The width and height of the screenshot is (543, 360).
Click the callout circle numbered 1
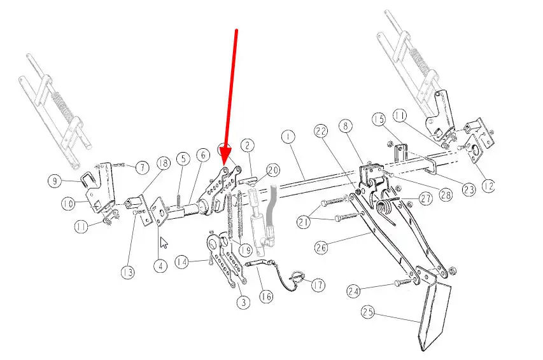pos(288,137)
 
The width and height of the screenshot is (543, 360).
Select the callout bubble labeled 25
pos(368,312)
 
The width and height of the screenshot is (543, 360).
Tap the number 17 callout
pos(318,285)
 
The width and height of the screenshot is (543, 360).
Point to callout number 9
pos(55,181)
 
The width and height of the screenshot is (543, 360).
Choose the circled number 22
pos(321,131)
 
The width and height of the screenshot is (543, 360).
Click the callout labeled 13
pos(128,272)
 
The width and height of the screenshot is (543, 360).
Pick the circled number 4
pos(160,267)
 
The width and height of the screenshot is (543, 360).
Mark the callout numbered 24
pos(354,291)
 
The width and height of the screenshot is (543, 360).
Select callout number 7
pos(143,168)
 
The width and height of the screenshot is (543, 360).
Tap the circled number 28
pos(446,194)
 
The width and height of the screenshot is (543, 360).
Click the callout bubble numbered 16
pos(266,296)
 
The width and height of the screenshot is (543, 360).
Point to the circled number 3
pos(244,302)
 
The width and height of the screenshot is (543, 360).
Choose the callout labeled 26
pos(321,247)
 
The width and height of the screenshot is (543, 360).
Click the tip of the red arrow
pos(225,164)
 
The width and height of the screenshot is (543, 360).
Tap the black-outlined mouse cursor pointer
pos(164,242)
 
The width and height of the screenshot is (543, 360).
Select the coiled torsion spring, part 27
pos(385,209)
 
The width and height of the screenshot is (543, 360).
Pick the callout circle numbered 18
pos(164,163)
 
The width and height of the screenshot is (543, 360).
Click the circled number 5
pos(183,159)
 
